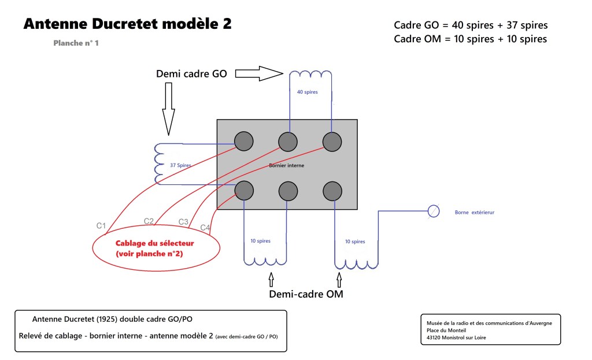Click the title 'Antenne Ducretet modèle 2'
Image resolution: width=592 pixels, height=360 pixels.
128,24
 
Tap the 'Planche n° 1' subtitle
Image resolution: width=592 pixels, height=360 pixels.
76,43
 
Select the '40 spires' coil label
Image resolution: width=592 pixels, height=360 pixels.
308,92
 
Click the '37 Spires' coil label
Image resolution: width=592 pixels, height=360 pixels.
180,165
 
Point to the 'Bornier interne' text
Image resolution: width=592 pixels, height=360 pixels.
287,165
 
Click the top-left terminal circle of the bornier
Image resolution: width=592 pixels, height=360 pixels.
244,141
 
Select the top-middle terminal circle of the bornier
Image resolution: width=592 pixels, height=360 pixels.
288,142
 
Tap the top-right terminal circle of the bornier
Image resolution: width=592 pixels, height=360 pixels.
332,142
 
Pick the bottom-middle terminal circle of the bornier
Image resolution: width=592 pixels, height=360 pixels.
288,191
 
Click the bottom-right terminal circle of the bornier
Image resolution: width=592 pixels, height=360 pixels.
332,191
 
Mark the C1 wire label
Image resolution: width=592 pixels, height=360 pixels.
101,226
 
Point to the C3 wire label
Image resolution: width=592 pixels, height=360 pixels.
183,222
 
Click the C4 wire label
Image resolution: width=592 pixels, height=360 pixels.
205,228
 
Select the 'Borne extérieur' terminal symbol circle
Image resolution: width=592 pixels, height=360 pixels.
434,211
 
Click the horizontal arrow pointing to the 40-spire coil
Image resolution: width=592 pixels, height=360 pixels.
259,73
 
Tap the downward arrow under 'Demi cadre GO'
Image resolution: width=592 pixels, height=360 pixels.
168,109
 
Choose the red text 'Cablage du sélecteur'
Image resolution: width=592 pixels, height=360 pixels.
155,243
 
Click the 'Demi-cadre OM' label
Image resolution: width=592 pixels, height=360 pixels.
306,294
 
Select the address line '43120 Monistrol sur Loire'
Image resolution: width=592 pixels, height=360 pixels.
456,337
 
